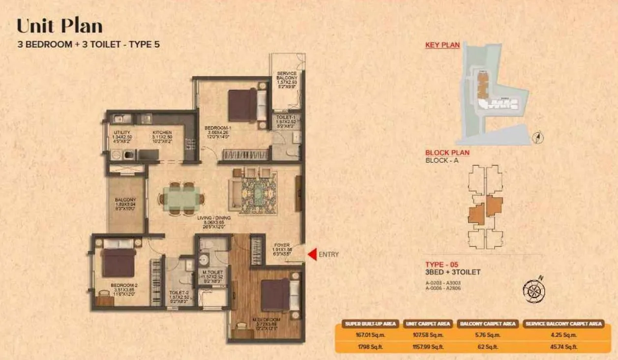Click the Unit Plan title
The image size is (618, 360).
coord(59,26)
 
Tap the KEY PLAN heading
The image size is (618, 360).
coord(442,45)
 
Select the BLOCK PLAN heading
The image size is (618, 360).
coord(447,152)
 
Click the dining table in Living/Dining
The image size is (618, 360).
coord(181,199)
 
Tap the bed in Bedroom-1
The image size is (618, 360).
coord(243,104)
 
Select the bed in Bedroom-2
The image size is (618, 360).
coord(118,262)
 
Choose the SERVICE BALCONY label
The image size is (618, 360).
coord(287,76)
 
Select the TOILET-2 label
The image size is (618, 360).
coord(176,292)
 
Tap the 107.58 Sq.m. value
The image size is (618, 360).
coord(428,335)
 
